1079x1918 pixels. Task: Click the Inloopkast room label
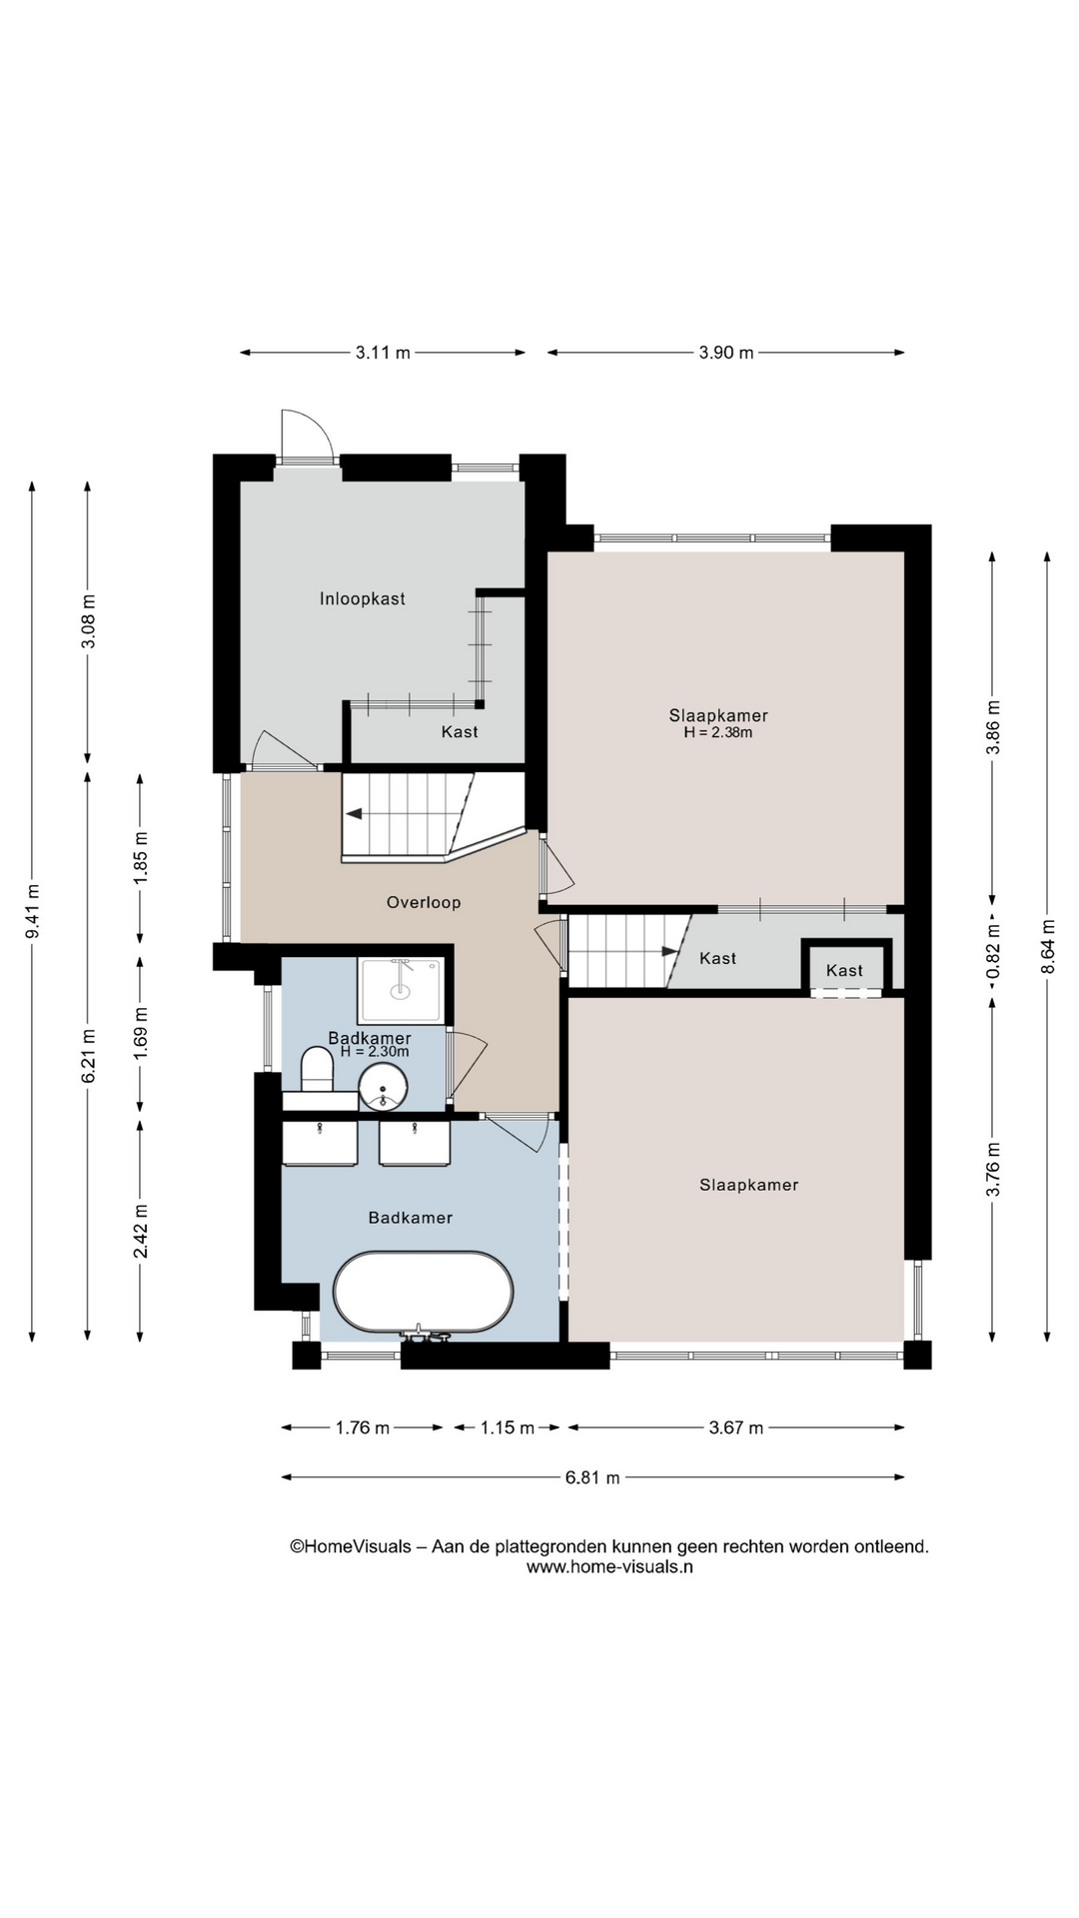click(363, 599)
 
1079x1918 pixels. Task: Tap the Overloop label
click(424, 903)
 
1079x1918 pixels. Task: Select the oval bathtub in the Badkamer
click(423, 1292)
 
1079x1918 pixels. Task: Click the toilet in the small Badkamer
click(318, 1069)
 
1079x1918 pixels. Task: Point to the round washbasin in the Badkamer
click(384, 1087)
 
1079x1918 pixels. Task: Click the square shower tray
click(401, 990)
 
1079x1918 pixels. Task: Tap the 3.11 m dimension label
click(383, 353)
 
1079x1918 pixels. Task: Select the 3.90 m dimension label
click(726, 353)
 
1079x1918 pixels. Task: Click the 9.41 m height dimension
click(33, 912)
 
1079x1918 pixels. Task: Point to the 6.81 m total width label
click(592, 1477)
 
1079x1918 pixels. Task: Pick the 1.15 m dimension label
click(508, 1428)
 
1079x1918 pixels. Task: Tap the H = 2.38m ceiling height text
click(718, 732)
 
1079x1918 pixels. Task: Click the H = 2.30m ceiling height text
click(375, 1052)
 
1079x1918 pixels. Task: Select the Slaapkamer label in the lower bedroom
click(749, 1186)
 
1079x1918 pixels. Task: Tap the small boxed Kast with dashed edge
click(845, 969)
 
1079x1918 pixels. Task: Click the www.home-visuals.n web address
click(609, 1566)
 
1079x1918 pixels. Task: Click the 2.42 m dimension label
click(141, 1231)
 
